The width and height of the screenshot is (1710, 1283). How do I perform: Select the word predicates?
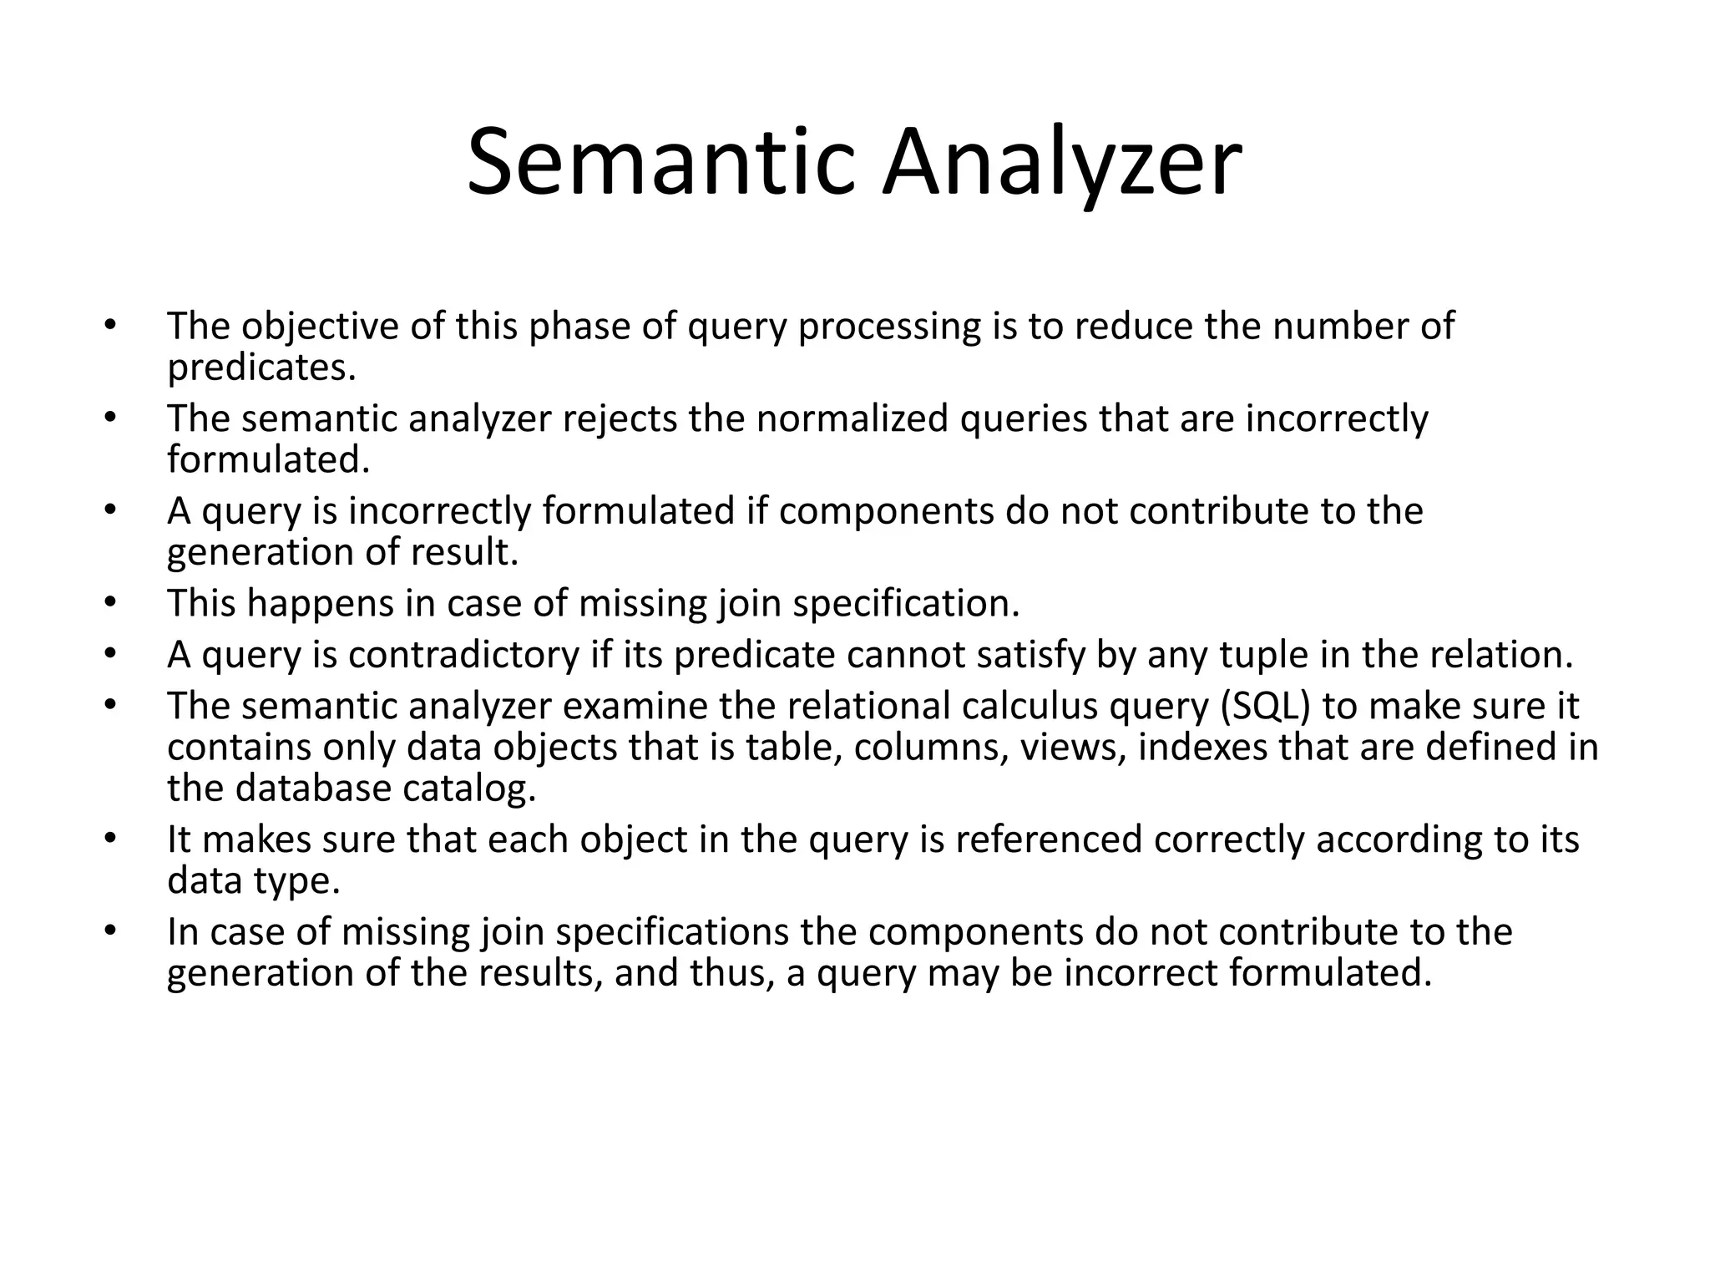pyautogui.click(x=261, y=368)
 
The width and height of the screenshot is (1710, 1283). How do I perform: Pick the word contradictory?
pyautogui.click(x=463, y=655)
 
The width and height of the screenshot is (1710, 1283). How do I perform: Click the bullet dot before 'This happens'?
pyautogui.click(x=109, y=601)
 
